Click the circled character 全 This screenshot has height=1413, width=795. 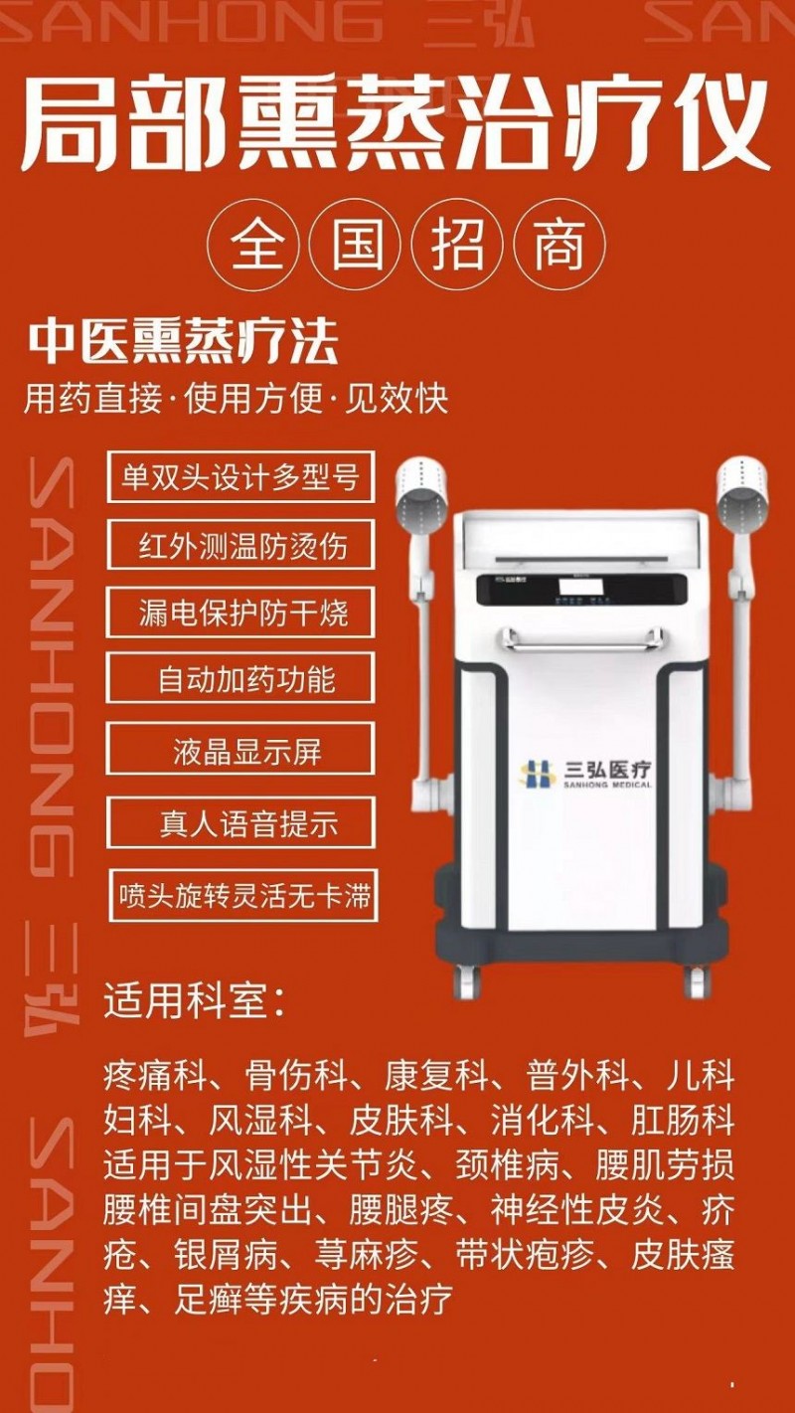coord(255,244)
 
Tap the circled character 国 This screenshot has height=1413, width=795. coord(357,244)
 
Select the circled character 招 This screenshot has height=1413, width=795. coord(458,244)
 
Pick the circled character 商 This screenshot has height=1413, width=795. coord(559,244)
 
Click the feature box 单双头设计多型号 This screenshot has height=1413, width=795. coord(240,477)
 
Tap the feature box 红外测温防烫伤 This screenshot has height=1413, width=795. coord(240,545)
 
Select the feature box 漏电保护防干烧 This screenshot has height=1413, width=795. coord(240,612)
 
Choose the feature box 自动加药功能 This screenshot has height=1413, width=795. coord(240,679)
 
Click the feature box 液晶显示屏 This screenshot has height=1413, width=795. coord(240,750)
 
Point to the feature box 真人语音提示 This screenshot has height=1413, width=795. coord(241,822)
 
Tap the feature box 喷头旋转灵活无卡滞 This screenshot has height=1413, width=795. coord(243,895)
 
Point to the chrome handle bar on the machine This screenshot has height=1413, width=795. coord(581,639)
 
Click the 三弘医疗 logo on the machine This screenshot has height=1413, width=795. coord(585,774)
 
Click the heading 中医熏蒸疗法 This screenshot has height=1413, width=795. coord(184,342)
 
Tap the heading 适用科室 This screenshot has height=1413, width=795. coord(194,1000)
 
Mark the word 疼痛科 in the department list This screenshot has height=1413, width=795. coord(156,1076)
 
